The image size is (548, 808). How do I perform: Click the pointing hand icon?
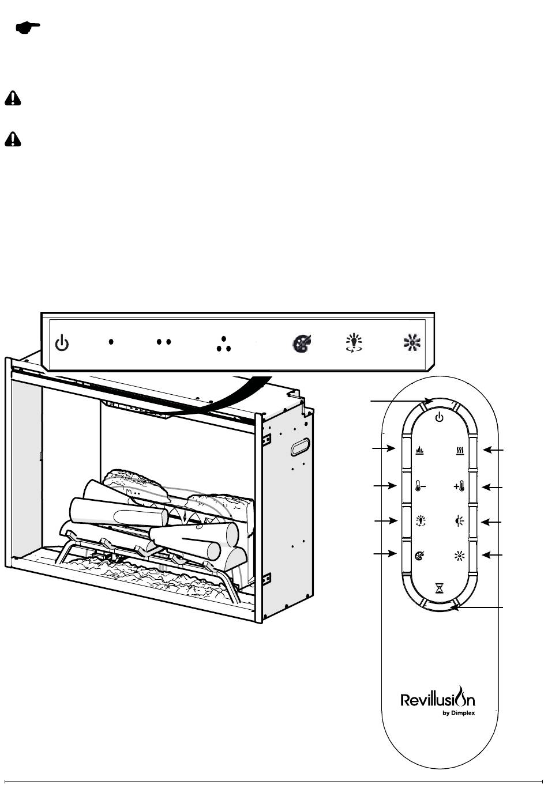pos(28,28)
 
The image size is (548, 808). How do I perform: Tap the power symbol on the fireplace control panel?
pos(62,343)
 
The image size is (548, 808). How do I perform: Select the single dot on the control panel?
pos(111,342)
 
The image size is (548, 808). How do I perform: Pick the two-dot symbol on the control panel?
pos(163,342)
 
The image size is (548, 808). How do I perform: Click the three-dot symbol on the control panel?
pos(224,344)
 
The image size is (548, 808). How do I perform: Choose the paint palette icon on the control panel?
pos(302,343)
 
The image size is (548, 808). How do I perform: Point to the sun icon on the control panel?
pos(412,342)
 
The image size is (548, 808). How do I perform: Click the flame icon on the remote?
pos(419,451)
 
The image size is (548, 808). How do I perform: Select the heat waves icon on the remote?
pos(460,451)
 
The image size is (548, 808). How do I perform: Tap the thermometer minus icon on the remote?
pos(420,486)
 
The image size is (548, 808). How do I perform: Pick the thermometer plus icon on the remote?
pos(459,486)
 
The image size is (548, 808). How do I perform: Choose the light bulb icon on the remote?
pos(421,521)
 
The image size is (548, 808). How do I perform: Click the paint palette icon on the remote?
pos(419,556)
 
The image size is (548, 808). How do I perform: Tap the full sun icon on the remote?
pos(460,556)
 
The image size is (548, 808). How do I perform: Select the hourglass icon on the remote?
pos(439,588)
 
